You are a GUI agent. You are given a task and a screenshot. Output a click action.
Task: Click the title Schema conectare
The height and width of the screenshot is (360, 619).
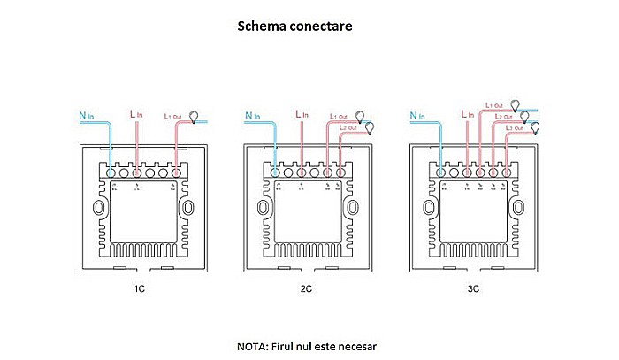(x=294, y=26)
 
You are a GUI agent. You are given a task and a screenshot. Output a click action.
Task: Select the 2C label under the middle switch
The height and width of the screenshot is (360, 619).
(x=306, y=289)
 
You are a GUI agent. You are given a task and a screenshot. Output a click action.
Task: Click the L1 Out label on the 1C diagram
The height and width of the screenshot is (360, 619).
(x=173, y=116)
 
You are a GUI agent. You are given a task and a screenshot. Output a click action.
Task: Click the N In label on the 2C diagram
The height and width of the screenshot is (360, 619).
(x=253, y=115)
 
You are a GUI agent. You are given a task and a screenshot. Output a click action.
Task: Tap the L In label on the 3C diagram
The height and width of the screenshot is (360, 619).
(x=468, y=115)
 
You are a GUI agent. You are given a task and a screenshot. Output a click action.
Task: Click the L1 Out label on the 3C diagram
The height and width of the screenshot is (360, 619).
(x=494, y=105)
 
